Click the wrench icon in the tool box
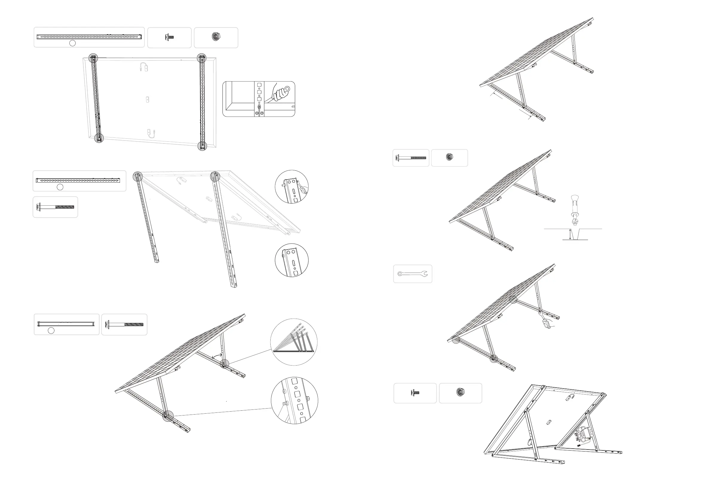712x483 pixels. (x=412, y=273)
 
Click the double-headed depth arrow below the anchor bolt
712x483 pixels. (x=570, y=234)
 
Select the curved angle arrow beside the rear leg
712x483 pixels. (x=217, y=356)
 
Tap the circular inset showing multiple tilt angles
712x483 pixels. (x=293, y=342)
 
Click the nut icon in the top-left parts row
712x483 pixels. (x=216, y=37)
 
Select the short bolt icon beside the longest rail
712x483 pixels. (x=169, y=37)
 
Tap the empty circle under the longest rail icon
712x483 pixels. (x=72, y=43)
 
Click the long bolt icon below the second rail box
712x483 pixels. (x=55, y=207)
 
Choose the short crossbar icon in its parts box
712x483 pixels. (x=66, y=324)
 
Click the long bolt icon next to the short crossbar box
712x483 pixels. (x=124, y=324)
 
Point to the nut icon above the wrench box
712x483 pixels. (x=449, y=157)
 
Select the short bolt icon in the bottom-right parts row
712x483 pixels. (x=415, y=392)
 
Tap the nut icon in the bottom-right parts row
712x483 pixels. (x=460, y=392)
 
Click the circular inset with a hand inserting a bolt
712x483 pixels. (x=292, y=187)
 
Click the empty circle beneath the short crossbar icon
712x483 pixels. (x=51, y=331)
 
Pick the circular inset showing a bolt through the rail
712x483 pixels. (x=295, y=400)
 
